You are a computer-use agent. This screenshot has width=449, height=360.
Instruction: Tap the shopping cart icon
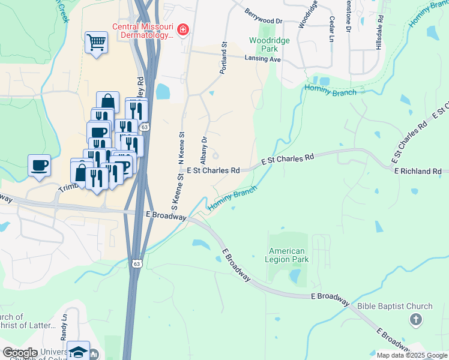click(96, 42)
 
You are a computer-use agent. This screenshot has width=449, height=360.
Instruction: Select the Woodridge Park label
click(265, 45)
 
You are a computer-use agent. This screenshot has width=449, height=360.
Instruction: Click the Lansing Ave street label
click(262, 59)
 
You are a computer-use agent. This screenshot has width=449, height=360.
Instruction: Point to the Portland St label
click(223, 58)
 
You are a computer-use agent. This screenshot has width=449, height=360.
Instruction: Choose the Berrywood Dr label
click(264, 16)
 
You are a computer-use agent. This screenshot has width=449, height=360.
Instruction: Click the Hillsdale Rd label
click(379, 37)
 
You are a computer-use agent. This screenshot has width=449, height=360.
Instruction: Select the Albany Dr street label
click(204, 148)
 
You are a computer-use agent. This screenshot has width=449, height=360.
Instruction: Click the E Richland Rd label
click(418, 171)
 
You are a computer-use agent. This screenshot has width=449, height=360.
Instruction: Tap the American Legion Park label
click(287, 256)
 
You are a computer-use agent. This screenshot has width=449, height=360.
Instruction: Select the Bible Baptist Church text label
click(395, 306)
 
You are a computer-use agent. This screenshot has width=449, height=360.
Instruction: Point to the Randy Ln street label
click(64, 326)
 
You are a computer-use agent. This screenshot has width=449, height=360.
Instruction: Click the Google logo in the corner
click(20, 353)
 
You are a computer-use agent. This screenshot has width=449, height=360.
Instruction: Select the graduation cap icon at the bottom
click(78, 351)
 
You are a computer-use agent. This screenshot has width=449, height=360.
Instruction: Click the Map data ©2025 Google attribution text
click(411, 355)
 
